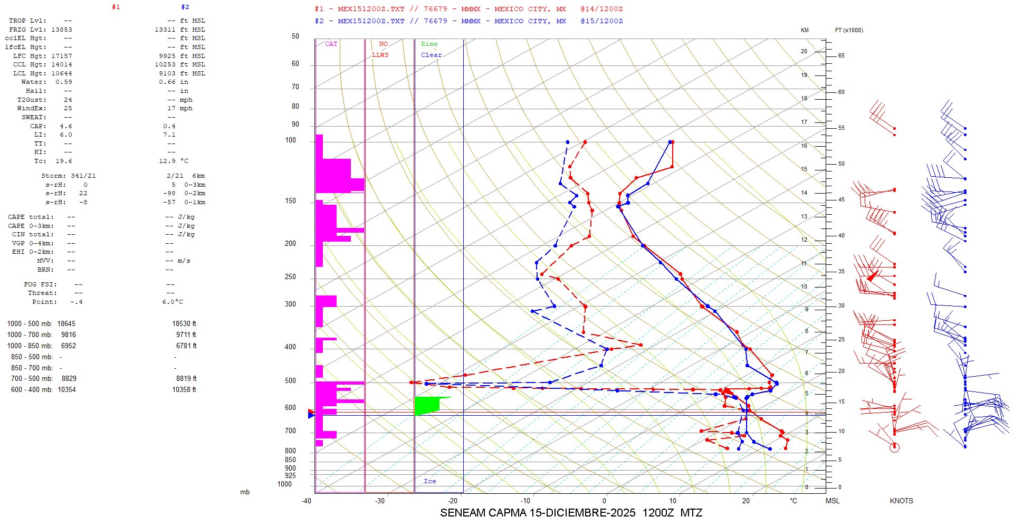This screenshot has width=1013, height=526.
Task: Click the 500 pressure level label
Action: [x=290, y=381]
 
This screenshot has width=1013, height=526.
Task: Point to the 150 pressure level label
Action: [x=290, y=201]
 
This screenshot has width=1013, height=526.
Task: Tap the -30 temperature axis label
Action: [x=380, y=501]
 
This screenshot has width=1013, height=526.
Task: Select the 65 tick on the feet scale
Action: [x=841, y=55]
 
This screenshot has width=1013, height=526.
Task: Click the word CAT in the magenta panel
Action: [x=331, y=44]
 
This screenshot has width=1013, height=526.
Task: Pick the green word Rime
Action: [x=429, y=44]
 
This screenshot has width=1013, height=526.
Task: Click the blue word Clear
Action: [x=431, y=55]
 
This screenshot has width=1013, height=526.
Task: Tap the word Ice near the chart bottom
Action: [x=429, y=481]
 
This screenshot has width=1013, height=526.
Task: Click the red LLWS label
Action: [x=380, y=55]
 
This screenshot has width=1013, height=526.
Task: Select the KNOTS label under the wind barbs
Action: [x=901, y=501]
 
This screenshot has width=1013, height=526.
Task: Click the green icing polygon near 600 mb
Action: [x=427, y=405]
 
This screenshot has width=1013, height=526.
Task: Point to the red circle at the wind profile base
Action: [x=894, y=447]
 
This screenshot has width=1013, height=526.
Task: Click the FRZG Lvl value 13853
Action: [x=62, y=30]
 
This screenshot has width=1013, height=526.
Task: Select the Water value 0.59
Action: [x=64, y=82]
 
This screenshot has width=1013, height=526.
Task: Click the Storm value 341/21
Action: [x=83, y=176]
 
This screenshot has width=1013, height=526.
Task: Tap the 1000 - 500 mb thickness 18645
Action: [x=66, y=323]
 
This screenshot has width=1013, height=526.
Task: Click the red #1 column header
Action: [x=116, y=7]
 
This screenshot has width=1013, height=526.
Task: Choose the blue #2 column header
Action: [x=185, y=7]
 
